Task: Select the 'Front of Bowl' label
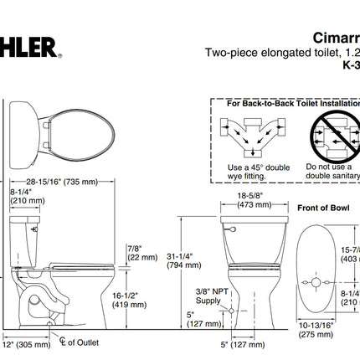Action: point(322,207)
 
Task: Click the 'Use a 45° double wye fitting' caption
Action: point(259,172)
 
